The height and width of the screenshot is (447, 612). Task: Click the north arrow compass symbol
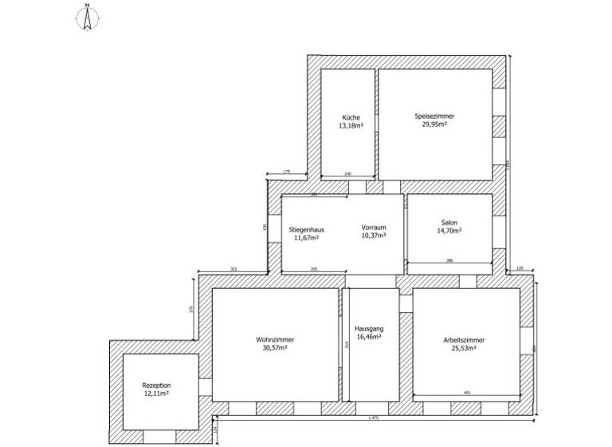tap(84, 18)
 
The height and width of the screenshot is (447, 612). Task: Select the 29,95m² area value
tap(433, 125)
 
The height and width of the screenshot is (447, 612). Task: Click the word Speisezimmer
tap(433, 117)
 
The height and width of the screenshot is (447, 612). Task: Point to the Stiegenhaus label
tap(306, 230)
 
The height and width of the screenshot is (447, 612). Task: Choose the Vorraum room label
tap(373, 227)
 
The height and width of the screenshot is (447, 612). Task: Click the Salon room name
tap(449, 223)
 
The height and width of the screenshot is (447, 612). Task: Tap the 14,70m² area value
tap(449, 231)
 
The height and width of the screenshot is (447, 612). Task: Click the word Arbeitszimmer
tap(464, 340)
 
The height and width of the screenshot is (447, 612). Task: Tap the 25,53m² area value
tap(464, 348)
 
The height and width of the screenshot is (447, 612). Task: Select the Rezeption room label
tap(156, 385)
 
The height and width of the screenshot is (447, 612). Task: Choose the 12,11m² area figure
tap(156, 393)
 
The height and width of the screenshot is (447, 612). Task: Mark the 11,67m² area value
tap(306, 238)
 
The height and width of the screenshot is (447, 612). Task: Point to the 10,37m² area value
tap(373, 235)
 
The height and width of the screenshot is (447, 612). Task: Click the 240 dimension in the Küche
tap(347, 173)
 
